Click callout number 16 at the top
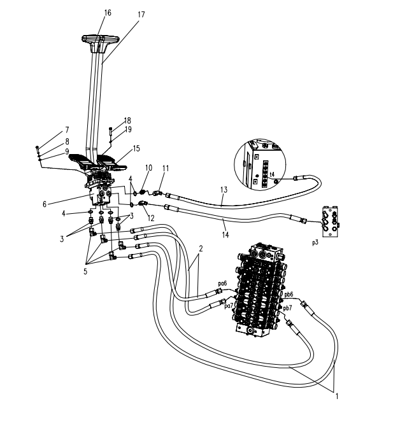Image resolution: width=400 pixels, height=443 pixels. (107, 13)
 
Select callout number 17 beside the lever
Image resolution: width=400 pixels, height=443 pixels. (141, 14)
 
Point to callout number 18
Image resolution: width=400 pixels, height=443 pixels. (127, 120)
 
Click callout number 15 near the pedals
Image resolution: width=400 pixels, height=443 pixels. (136, 148)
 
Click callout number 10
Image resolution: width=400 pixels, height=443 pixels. (148, 168)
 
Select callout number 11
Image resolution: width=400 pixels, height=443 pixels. (166, 168)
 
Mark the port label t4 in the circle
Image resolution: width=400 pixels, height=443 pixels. (272, 174)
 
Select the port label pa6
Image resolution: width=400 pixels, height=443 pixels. (222, 283)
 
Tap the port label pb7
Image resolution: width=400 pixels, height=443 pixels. (288, 308)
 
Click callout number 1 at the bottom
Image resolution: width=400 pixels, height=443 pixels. (336, 396)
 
